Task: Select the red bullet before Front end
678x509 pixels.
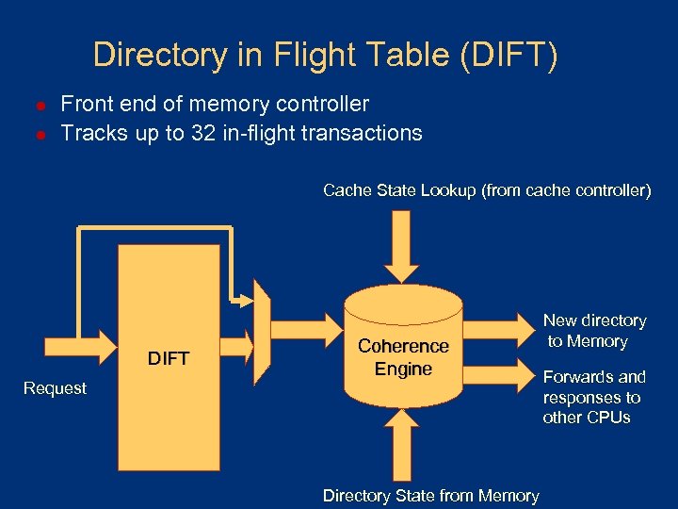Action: (40, 106)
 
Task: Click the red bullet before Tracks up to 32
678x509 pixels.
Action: (40, 134)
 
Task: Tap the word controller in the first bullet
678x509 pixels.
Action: (321, 104)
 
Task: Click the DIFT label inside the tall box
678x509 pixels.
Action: (169, 357)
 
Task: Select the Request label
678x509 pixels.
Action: (55, 387)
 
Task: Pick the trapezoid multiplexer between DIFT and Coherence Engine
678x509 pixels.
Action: (263, 336)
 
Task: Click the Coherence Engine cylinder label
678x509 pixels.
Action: (403, 358)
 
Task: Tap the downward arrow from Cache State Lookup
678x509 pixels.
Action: (403, 243)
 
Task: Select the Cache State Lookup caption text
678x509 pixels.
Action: (486, 190)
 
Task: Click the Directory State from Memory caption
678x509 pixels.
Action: (430, 496)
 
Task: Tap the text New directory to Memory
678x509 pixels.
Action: (595, 331)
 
